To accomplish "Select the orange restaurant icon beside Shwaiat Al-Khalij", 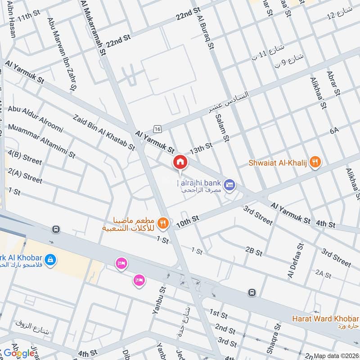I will coord(316,162).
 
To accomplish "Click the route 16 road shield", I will coord(157,129).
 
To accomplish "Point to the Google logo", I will coord(19,353).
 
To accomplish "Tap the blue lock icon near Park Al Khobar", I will coord(50,260).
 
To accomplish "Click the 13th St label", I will coord(201,148).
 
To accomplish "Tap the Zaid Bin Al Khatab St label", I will coord(103,131).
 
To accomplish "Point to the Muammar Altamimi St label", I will coord(41,141).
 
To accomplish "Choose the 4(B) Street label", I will coord(25,158).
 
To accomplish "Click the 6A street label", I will coord(333,131).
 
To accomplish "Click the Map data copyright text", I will coord(336,355).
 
